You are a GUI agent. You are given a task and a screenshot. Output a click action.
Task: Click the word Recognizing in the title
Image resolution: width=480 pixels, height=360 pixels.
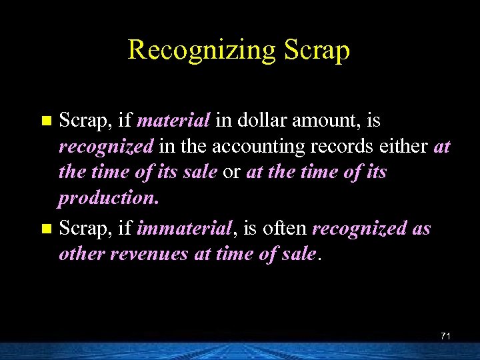[x=198, y=50]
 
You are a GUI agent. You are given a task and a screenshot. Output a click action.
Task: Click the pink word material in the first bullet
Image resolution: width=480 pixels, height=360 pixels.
[x=174, y=121]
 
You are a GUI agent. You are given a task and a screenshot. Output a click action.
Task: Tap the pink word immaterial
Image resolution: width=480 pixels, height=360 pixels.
[x=183, y=229]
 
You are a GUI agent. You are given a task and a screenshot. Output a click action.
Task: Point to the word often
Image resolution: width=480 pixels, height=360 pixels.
[x=284, y=229]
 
